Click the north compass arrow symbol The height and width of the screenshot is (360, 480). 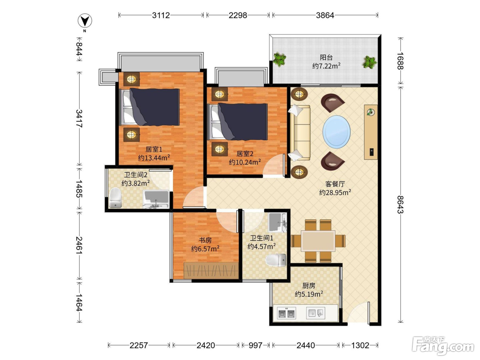[x=85, y=21]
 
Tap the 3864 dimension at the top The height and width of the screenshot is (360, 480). [x=325, y=15]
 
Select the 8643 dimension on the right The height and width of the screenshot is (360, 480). [x=400, y=204]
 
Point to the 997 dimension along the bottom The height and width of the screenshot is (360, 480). [x=255, y=345]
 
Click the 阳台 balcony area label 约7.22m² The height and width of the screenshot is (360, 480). [x=326, y=65]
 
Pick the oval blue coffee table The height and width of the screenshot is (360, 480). [x=336, y=132]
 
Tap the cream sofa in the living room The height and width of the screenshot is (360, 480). [x=300, y=133]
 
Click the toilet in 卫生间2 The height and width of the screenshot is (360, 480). [x=115, y=198]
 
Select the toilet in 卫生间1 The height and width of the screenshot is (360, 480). [x=276, y=260]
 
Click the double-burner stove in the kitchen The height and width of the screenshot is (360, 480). [x=287, y=313]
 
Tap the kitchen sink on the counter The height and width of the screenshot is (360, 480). [x=315, y=313]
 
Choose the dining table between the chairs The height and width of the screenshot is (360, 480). [x=318, y=241]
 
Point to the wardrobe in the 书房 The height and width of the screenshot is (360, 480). [x=211, y=271]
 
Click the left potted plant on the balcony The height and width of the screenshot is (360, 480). [x=279, y=59]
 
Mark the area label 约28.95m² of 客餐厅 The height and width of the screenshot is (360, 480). [x=335, y=192]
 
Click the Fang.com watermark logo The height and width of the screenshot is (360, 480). [x=443, y=346]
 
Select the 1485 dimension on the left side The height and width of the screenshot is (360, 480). [x=79, y=189]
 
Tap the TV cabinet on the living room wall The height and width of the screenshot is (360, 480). [x=371, y=132]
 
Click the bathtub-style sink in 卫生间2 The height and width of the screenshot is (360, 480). [x=156, y=199]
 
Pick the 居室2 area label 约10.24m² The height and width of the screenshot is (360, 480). [x=245, y=162]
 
